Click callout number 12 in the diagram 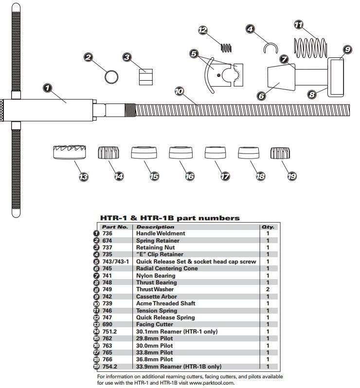202,30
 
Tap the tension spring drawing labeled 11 310,48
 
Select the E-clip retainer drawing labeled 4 270,48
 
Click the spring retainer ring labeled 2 111,77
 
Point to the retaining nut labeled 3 145,77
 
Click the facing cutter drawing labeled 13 70,152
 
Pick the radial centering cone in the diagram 281,78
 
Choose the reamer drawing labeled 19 280,153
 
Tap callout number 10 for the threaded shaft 179,91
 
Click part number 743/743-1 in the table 116,262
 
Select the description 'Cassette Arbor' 157,297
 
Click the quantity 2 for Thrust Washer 268,289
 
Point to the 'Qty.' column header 268,227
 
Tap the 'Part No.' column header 115,227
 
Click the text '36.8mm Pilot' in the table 155,359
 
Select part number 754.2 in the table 109,367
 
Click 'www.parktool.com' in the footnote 211,383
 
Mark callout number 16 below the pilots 190,176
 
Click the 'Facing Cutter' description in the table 155,324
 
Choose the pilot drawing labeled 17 215,153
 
